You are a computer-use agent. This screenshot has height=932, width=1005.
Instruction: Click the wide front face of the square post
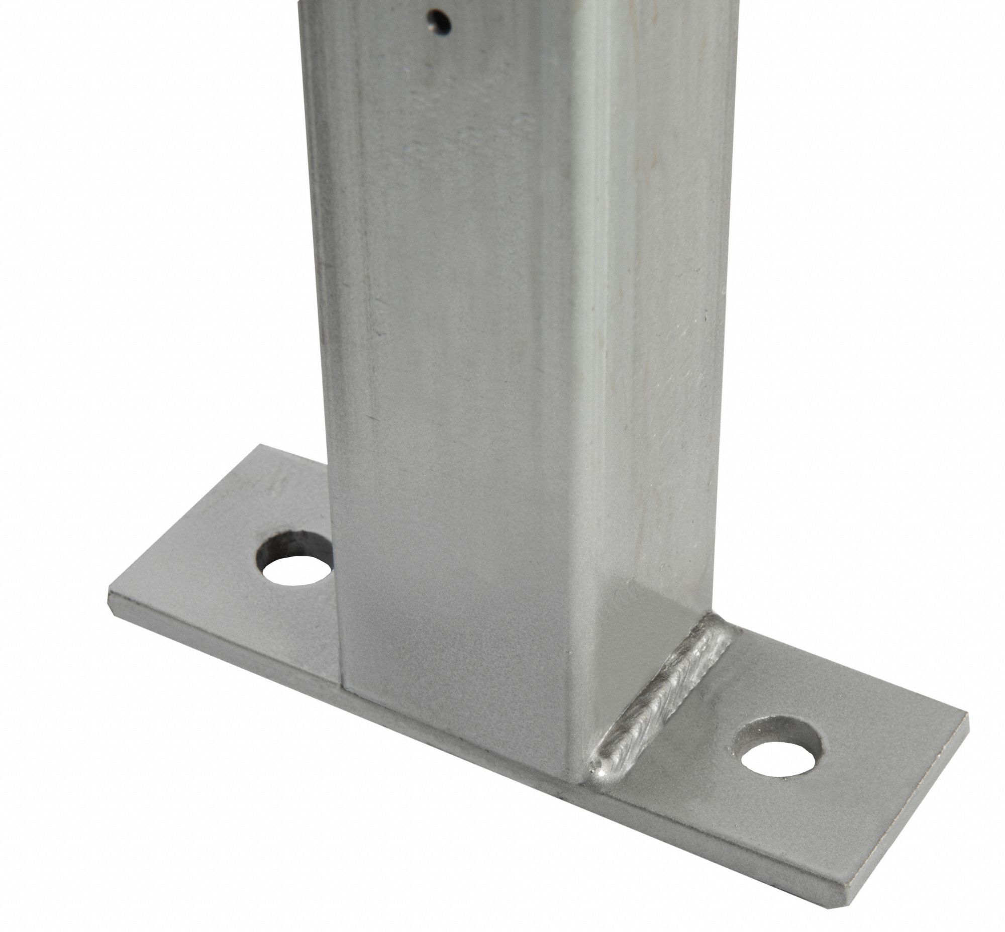click(x=454, y=403)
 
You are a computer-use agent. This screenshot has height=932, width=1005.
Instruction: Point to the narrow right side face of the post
click(x=656, y=353)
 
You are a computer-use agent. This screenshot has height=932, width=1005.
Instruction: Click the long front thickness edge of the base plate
click(x=454, y=739)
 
